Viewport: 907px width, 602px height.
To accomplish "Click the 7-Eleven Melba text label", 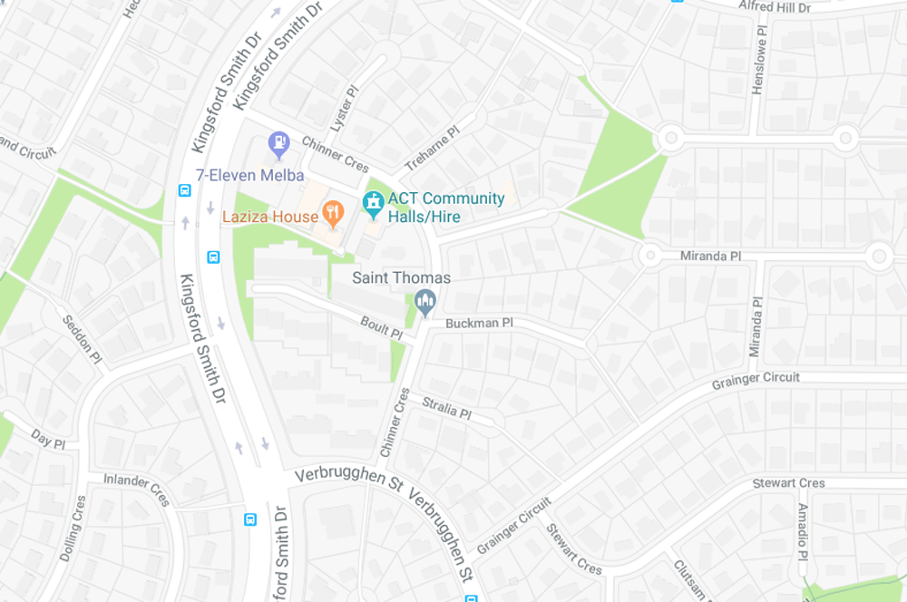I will (250, 175).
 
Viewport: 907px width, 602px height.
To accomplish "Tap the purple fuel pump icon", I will (279, 142).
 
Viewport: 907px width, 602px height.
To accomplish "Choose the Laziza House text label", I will (270, 217).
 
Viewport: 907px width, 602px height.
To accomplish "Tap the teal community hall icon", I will (373, 204).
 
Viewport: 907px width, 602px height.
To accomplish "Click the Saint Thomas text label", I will (401, 277).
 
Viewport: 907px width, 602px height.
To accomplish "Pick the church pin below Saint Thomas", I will (424, 301).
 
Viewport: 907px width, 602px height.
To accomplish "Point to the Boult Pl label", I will (381, 327).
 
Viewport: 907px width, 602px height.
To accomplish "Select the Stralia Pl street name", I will (445, 407).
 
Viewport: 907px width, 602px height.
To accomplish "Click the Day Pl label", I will (48, 439).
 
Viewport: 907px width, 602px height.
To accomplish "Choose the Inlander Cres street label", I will (136, 489).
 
